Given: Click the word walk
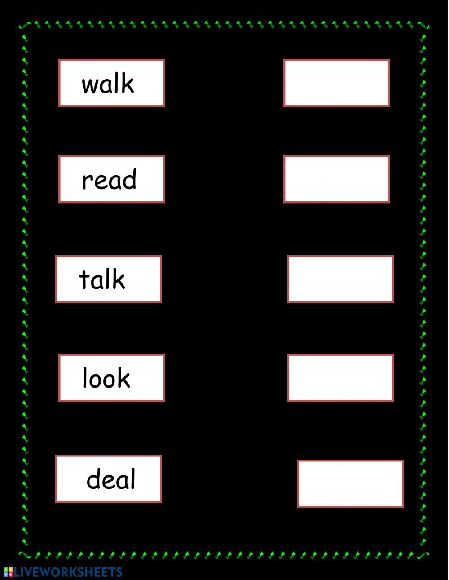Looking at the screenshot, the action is [108, 84].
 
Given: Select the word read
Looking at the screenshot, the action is [109, 180].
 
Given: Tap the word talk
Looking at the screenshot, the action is [102, 279].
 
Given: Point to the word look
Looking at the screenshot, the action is [106, 378].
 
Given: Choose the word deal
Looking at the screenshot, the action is [110, 479].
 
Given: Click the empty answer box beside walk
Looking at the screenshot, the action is [336, 83].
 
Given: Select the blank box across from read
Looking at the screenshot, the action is [336, 179].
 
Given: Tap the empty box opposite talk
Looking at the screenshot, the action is [340, 279].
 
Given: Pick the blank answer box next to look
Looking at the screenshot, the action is [340, 378].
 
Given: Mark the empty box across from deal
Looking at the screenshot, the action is [350, 484].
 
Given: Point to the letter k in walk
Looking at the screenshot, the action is [128, 84].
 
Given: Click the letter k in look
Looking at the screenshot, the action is [123, 378].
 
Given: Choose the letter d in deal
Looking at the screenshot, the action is [93, 479].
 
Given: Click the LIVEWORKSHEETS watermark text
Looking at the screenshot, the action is [68, 572].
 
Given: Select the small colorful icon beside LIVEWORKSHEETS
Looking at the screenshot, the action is [8, 572].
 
